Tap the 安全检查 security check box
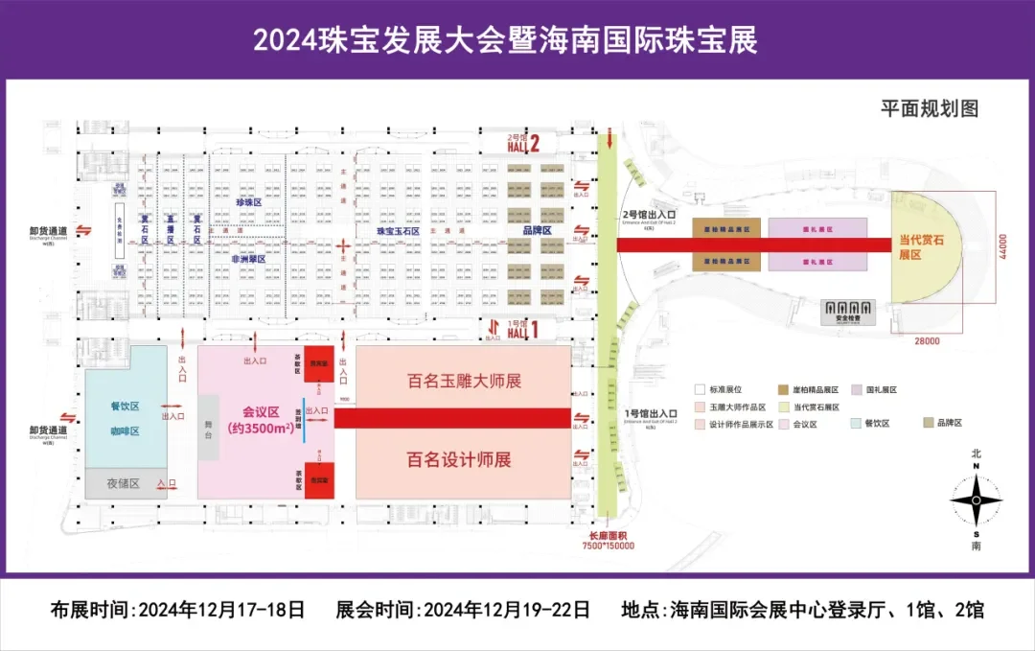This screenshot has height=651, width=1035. pos(848,312)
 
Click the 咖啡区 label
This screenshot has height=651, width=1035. pos(125,431)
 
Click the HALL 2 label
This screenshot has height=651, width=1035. pos(525,144)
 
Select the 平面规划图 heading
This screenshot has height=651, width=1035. pos(930,108)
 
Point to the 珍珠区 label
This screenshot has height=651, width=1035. pos(248,203)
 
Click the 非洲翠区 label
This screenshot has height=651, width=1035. pos(247,258)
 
